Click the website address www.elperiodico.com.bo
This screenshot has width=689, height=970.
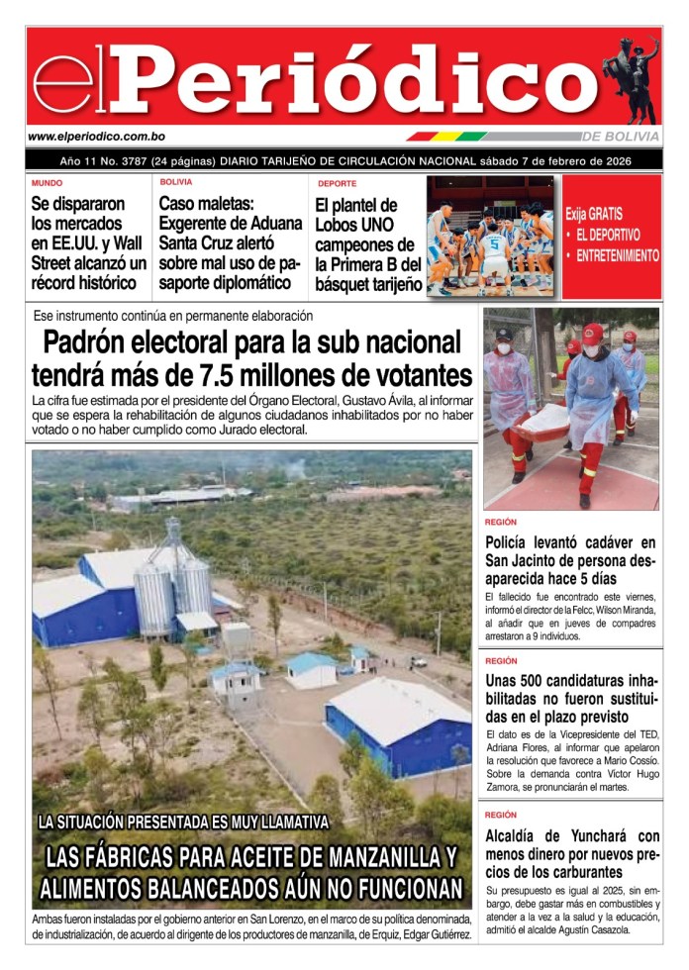point(96,137)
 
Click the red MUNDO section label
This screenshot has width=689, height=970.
point(47,183)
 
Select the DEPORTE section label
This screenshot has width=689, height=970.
point(338,184)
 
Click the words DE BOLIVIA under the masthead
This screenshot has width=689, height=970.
point(621,137)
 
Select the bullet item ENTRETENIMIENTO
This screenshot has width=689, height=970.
point(617,255)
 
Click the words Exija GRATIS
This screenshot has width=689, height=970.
point(594,213)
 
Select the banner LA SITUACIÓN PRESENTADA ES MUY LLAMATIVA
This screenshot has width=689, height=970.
point(182,823)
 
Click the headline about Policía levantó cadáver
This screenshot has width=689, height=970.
point(571,561)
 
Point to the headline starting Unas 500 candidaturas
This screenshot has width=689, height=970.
point(571,700)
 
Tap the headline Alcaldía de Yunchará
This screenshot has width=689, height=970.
point(571,854)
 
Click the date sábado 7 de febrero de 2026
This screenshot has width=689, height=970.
point(555,161)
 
